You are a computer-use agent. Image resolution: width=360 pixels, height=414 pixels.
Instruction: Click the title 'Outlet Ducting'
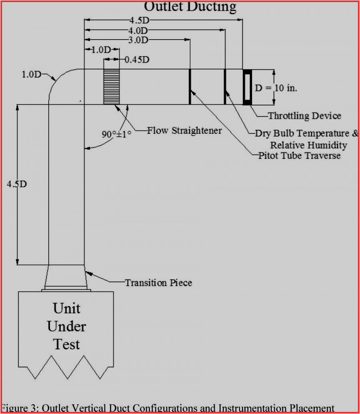click(x=190, y=6)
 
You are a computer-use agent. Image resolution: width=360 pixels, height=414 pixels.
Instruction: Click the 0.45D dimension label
click(x=137, y=60)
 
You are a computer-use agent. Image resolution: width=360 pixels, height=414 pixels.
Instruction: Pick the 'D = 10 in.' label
click(x=276, y=88)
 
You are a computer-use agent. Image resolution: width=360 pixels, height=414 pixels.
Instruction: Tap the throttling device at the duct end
click(x=247, y=87)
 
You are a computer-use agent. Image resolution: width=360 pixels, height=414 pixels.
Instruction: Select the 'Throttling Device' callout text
click(x=305, y=116)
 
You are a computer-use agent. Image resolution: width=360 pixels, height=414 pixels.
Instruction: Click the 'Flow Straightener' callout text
click(x=185, y=130)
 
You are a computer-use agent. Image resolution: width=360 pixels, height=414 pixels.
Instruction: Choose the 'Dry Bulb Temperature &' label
click(x=307, y=133)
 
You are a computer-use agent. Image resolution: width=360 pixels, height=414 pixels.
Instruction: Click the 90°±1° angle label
click(x=117, y=135)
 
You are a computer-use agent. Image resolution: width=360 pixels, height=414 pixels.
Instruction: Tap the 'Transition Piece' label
click(x=159, y=283)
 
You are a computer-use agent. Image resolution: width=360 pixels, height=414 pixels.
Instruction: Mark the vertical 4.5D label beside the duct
click(x=17, y=184)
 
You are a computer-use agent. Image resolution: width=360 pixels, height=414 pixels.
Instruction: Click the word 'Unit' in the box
click(x=66, y=309)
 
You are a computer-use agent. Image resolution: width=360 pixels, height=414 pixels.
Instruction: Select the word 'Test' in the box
click(x=66, y=344)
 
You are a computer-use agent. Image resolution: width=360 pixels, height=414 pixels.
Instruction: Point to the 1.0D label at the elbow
click(x=32, y=75)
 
